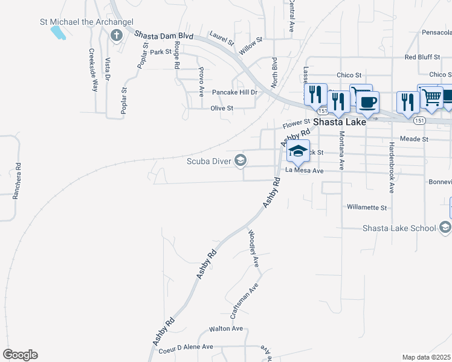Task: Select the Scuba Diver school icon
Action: [241, 160]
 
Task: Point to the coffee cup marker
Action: [366, 100]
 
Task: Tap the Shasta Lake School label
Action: [399, 228]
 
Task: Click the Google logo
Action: [20, 355]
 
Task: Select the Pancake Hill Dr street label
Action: [234, 92]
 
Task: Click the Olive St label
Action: [222, 108]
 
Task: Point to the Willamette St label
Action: [367, 207]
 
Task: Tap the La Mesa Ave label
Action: [305, 171]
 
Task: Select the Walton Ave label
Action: [225, 329]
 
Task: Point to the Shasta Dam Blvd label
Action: [164, 36]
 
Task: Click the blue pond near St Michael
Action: [58, 32]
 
